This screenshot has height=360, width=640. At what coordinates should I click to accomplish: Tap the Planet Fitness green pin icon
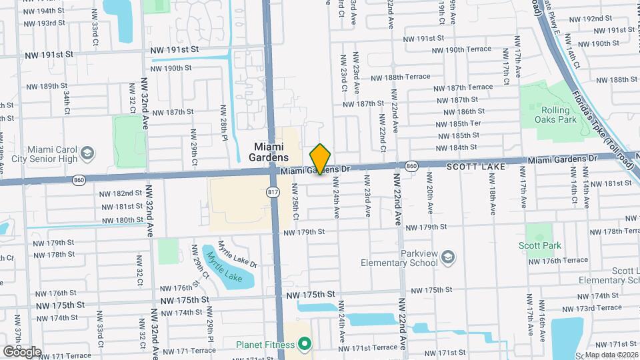point(305,344)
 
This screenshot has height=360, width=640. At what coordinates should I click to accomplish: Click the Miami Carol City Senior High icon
point(86,155)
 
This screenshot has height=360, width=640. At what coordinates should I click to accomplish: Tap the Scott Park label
point(539,245)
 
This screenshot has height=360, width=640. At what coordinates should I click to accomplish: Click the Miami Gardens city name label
point(271,151)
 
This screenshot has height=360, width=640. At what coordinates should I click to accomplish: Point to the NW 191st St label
point(175,50)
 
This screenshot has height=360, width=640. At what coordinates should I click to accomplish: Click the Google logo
point(22,351)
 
